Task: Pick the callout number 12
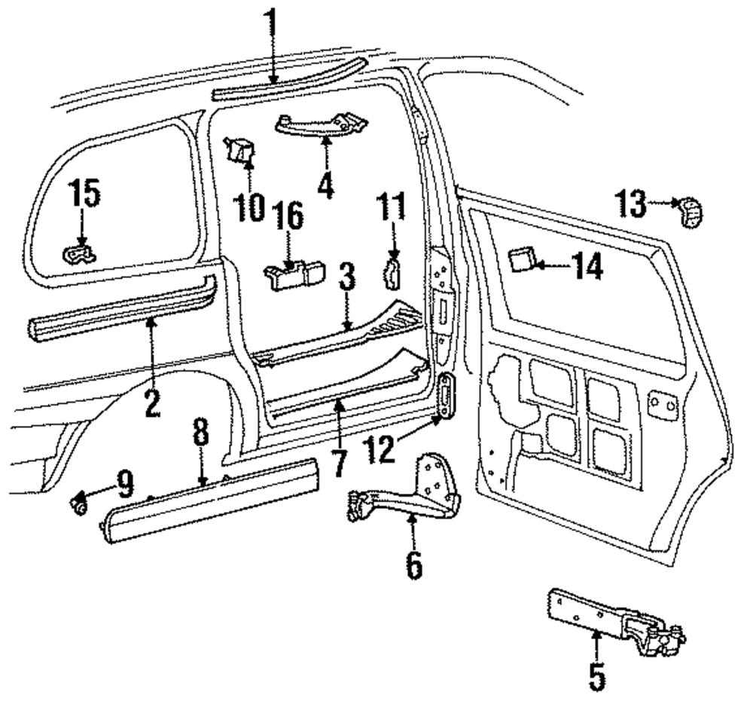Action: coord(379,450)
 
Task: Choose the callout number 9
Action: coord(125,484)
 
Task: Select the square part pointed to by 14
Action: coord(522,259)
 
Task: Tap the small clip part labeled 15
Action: coord(80,254)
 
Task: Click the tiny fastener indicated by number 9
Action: coord(79,505)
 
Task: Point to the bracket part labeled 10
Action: coord(239,148)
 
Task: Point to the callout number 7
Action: coord(339,462)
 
